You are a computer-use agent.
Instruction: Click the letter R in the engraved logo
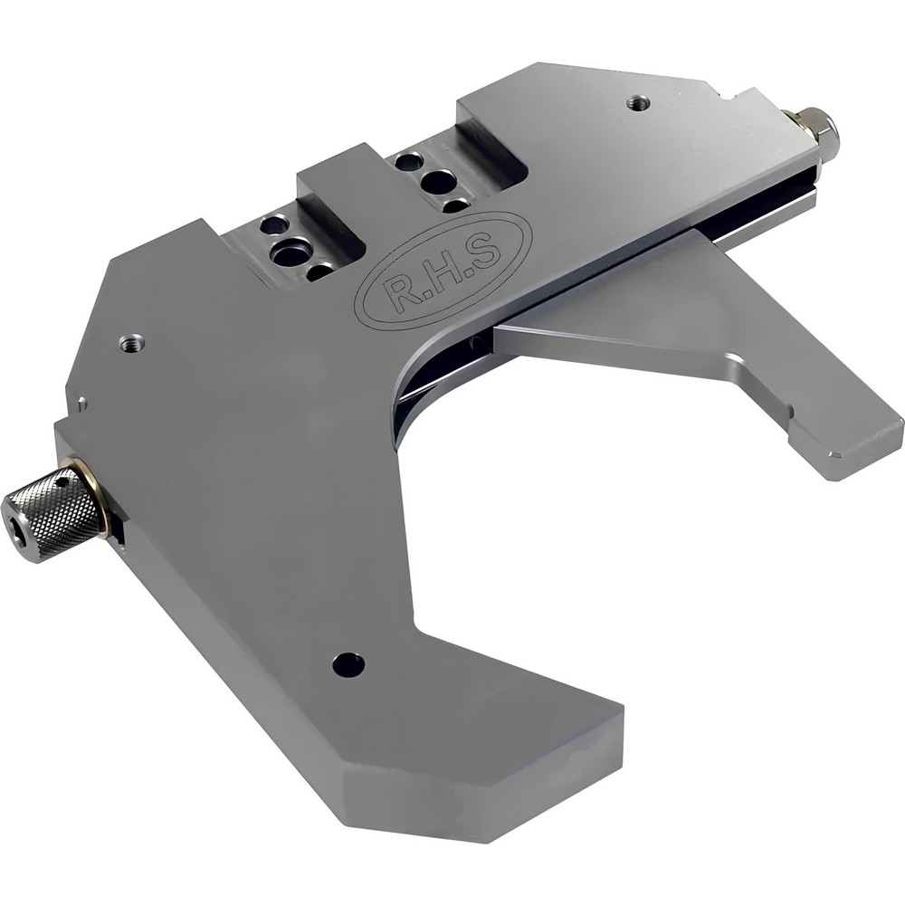click(x=395, y=289)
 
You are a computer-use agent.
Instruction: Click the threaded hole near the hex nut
click(x=638, y=101)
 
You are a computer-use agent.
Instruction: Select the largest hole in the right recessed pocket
click(x=439, y=181)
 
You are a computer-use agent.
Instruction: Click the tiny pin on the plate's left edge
click(x=82, y=405)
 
